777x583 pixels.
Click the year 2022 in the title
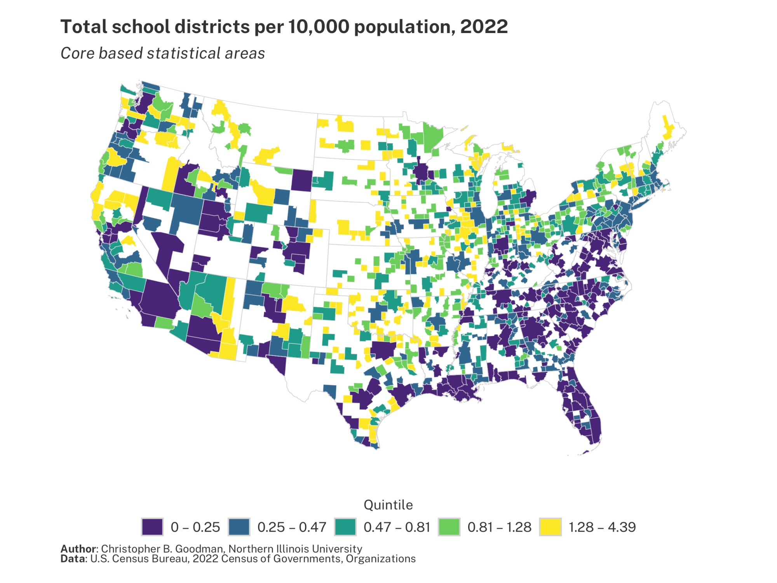coord(484,27)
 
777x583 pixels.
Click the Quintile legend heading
coord(388,505)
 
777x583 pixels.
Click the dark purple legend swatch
coord(152,527)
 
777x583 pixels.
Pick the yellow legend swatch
coord(550,527)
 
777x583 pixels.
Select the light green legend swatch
coord(449,527)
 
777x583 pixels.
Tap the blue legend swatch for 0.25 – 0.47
coord(239,527)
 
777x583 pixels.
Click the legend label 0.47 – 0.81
coord(397,527)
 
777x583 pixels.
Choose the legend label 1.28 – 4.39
coord(602,527)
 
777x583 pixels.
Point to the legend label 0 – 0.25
coord(195,527)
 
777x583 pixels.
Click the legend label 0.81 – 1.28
coord(499,527)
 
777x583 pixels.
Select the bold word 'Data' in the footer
coord(72,559)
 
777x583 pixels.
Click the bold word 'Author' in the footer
coord(78,549)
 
